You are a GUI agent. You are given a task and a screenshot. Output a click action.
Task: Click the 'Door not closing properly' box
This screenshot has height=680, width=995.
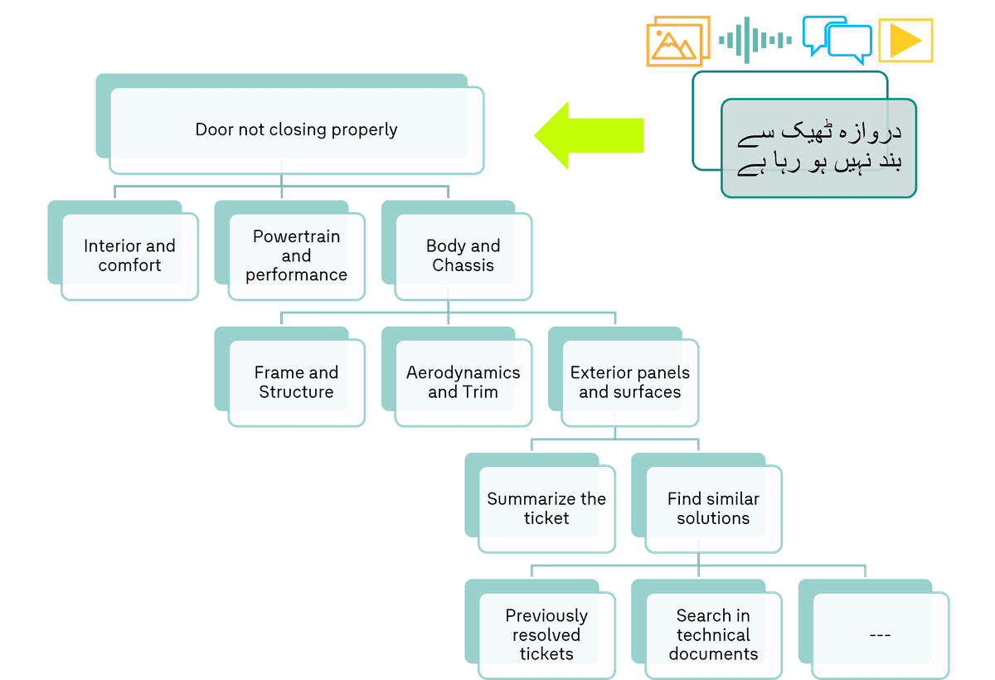point(296,130)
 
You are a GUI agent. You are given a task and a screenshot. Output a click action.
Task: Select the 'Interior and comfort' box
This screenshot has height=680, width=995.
point(129,256)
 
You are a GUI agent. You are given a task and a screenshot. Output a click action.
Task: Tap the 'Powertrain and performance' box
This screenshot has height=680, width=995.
point(296,256)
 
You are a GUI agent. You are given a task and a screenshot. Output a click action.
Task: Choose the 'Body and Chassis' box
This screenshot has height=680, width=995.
point(463,256)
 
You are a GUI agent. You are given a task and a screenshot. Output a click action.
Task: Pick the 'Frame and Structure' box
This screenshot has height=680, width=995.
point(296,383)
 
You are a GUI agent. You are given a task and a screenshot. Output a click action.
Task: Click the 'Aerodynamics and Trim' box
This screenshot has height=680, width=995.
point(463,383)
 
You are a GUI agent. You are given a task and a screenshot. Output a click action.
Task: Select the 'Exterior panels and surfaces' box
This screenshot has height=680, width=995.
point(630,383)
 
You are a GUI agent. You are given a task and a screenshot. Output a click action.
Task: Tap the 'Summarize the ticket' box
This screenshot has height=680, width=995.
point(546,509)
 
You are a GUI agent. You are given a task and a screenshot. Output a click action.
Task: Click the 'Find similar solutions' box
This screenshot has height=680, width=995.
point(713,509)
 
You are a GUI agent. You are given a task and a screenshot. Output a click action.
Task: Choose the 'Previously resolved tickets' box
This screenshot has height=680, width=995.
point(546,635)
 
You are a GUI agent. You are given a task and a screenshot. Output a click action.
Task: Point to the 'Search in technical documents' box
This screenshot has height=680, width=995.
point(713,635)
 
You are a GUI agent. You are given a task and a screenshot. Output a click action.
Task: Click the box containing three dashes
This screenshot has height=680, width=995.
point(880,635)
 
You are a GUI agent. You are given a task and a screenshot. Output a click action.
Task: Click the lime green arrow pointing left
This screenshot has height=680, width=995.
point(588,135)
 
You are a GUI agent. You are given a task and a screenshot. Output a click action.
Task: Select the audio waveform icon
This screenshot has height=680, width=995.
point(755,39)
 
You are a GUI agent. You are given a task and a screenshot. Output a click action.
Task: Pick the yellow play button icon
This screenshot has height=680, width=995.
point(905,41)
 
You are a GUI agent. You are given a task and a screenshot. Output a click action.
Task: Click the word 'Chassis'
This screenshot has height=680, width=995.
point(463,266)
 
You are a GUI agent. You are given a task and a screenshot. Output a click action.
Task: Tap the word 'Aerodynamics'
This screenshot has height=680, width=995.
point(463,373)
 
